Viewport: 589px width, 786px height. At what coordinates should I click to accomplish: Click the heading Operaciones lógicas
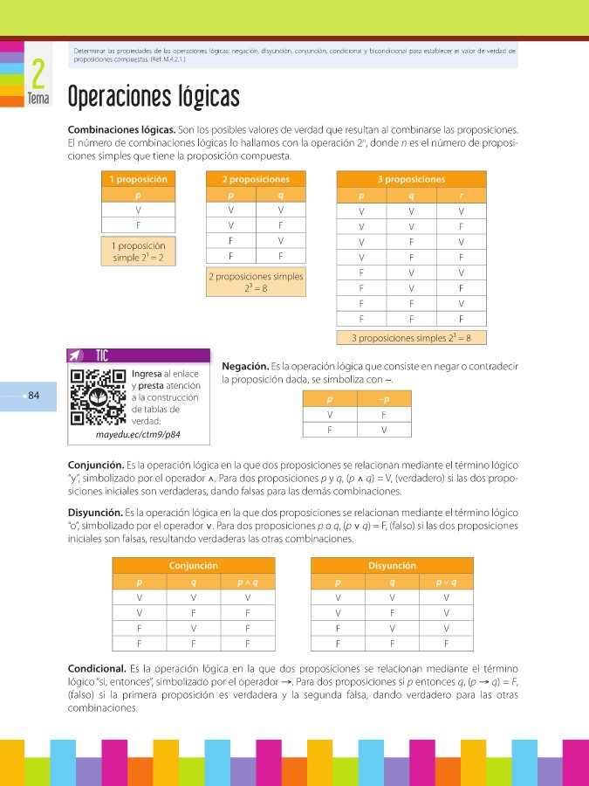pos(153,95)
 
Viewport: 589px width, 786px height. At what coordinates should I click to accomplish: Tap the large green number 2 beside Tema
pos(38,73)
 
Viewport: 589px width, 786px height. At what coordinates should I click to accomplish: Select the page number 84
pos(34,396)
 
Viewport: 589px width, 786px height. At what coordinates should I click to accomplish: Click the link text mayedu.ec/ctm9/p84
pos(138,433)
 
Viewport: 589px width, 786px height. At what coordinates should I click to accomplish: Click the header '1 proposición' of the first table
pos(139,179)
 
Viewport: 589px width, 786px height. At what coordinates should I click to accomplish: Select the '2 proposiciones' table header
pos(255,179)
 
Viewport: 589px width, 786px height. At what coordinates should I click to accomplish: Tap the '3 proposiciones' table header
pos(411,179)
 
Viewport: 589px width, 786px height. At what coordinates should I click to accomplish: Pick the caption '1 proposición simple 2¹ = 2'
pos(139,252)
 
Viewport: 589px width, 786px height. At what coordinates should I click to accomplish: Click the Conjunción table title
pos(193,565)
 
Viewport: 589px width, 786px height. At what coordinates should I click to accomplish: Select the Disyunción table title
pos(392,565)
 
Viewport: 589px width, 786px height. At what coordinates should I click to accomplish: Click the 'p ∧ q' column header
pos(248,582)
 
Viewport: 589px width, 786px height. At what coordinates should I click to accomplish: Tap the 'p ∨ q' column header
pos(446,582)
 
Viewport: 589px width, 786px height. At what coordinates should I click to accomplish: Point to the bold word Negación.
pos(245,366)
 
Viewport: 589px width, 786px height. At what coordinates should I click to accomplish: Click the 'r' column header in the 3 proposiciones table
pos(460,196)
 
